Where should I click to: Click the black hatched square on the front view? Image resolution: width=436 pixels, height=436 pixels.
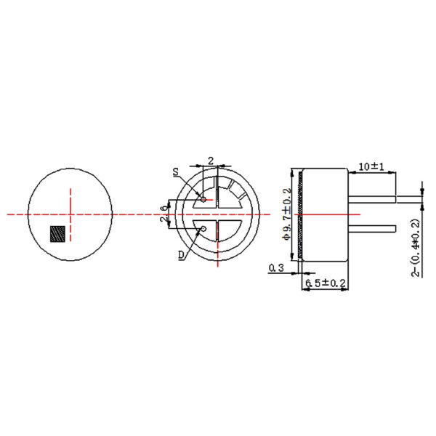[x=57, y=234]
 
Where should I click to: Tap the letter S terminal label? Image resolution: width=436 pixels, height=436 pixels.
[x=176, y=172]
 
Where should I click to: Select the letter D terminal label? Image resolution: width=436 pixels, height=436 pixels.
[x=179, y=254]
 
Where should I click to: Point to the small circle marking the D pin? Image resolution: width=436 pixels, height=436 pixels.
[x=203, y=230]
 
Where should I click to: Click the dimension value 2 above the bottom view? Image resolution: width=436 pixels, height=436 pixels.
[x=211, y=159]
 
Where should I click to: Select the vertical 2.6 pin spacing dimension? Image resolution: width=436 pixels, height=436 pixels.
[x=164, y=214]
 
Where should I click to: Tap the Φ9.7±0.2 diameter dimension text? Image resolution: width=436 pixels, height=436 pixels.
[x=288, y=214]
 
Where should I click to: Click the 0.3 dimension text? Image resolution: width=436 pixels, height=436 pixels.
[x=276, y=267]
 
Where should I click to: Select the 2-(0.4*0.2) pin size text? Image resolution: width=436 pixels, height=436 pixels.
[x=416, y=247]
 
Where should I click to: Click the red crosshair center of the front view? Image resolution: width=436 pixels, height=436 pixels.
[x=70, y=214]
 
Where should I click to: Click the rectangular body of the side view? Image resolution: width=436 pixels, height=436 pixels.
[x=327, y=214]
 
